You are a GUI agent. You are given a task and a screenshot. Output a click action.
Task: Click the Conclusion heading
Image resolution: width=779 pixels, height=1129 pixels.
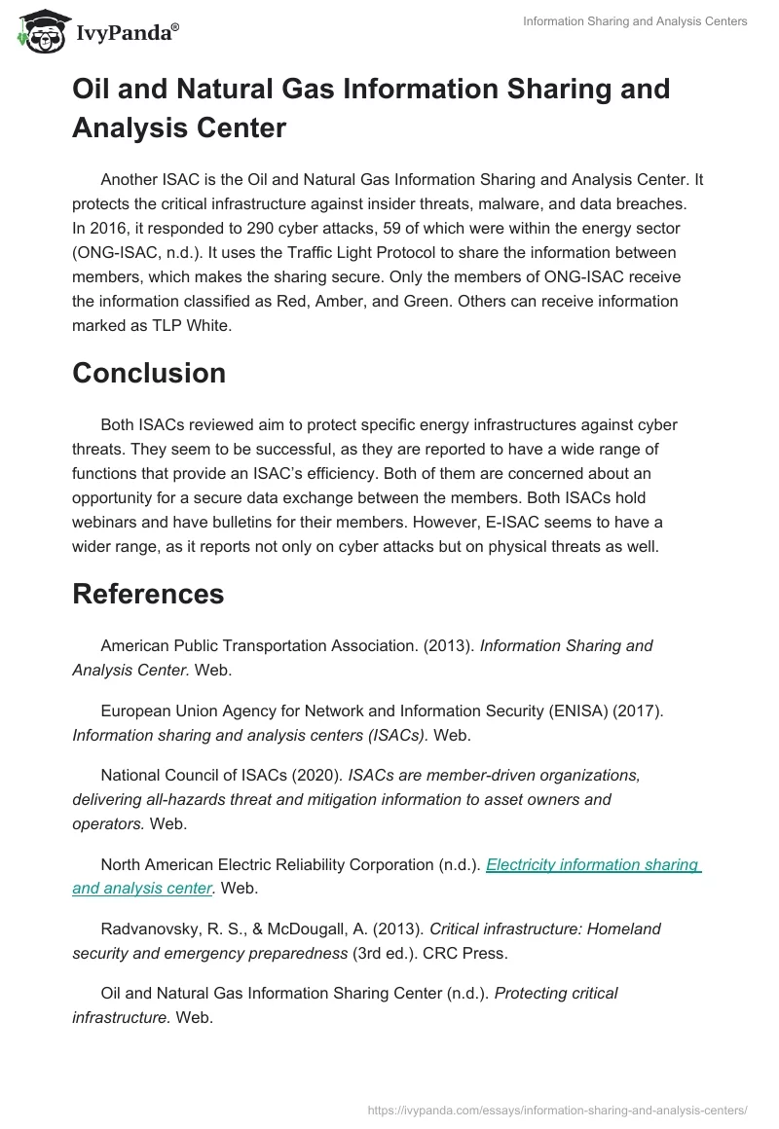click(x=149, y=373)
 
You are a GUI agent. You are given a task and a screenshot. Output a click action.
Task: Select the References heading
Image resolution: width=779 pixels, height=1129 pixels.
click(x=148, y=593)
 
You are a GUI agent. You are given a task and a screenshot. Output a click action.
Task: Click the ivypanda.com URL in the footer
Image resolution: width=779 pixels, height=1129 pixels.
click(x=558, y=1109)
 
